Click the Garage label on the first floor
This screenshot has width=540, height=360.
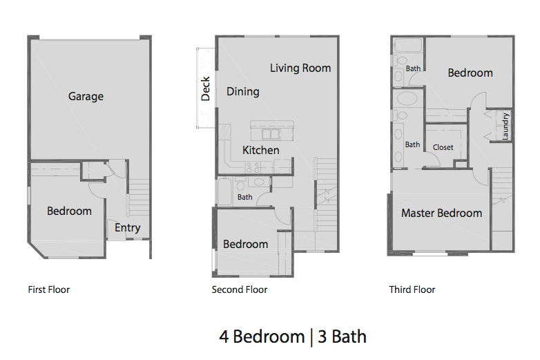pyautogui.click(x=86, y=97)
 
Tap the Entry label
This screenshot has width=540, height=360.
pyautogui.click(x=128, y=227)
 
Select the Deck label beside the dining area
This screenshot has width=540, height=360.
pyautogui.click(x=205, y=88)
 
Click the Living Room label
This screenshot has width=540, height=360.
pyautogui.click(x=300, y=68)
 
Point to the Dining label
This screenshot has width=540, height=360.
pyautogui.click(x=243, y=91)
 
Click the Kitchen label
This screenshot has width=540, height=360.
pyautogui.click(x=261, y=150)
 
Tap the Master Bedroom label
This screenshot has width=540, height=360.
pyautogui.click(x=441, y=213)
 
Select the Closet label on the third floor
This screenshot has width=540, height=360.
pyautogui.click(x=443, y=147)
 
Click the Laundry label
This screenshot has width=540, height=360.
pyautogui.click(x=505, y=126)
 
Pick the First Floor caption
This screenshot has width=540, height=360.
pyautogui.click(x=48, y=290)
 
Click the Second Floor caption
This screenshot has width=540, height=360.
pyautogui.click(x=240, y=290)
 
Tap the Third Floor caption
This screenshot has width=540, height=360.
pyautogui.click(x=412, y=290)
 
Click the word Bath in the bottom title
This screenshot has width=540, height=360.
pyautogui.click(x=349, y=337)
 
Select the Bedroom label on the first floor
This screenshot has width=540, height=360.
pyautogui.click(x=69, y=211)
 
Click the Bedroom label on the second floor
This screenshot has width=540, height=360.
pyautogui.click(x=245, y=244)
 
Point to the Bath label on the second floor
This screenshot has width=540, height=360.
pyautogui.click(x=245, y=197)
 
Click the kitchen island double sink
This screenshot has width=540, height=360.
pyautogui.click(x=269, y=133)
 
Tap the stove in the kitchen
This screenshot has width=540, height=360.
pyautogui.click(x=253, y=166)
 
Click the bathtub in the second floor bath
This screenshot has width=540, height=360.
pyautogui.click(x=225, y=191)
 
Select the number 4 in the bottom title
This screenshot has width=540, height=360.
pyautogui.click(x=224, y=337)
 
